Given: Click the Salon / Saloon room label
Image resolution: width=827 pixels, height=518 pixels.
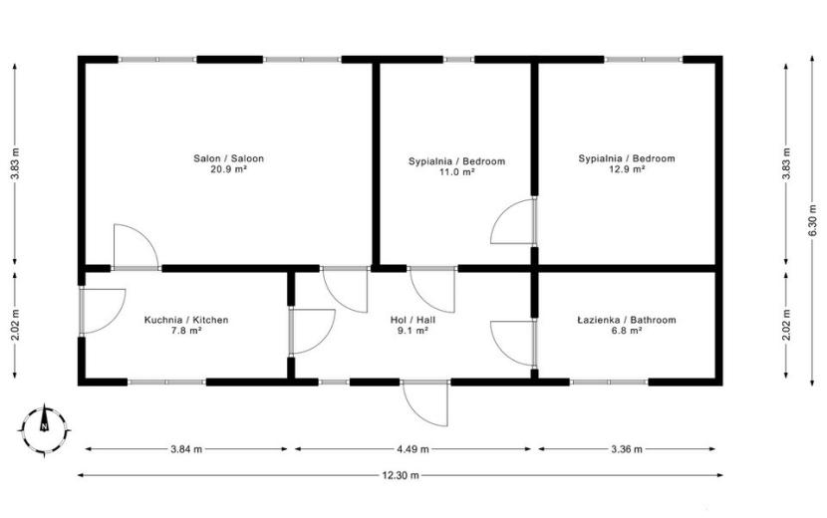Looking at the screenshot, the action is click(228, 158).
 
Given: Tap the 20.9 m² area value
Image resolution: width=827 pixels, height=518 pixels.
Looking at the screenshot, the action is click(228, 169).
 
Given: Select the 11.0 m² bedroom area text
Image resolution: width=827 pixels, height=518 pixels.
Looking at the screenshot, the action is click(456, 172).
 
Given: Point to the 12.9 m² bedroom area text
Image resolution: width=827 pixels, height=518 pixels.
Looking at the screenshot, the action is click(627, 169).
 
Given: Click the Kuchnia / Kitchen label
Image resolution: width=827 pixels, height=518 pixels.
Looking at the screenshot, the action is click(186, 320).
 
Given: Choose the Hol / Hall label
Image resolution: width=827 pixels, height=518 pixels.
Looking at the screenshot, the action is click(413, 320).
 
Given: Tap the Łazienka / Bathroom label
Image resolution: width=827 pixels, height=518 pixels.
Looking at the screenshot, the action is click(627, 320).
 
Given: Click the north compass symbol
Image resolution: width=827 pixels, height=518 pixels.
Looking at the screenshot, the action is click(44, 429).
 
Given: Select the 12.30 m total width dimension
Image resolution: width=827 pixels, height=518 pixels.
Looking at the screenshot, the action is click(401, 475).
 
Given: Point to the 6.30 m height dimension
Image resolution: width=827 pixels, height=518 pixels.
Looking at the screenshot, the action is click(813, 220).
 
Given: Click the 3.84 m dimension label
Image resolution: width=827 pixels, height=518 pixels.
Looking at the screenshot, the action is click(186, 449).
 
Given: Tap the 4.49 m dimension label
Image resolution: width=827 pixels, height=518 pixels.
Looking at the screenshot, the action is click(413, 449).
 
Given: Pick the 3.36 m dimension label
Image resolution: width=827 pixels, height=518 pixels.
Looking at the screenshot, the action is click(627, 449).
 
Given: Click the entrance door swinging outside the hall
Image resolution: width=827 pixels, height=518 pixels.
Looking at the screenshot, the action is click(425, 402).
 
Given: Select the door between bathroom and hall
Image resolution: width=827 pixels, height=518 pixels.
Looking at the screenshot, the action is click(513, 343).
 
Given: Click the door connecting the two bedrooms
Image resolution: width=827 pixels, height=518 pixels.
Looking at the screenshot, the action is click(513, 220).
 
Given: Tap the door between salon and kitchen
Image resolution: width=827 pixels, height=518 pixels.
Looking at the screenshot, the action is click(137, 247).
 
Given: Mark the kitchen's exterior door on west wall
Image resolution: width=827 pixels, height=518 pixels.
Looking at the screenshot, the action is click(103, 311).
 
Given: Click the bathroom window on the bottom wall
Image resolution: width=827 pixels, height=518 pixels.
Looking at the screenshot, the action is click(609, 382).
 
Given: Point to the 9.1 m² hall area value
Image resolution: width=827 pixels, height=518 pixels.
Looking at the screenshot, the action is click(413, 331).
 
